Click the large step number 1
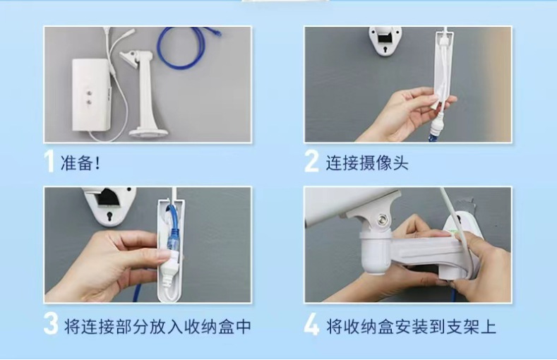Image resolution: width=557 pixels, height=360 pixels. tap(49, 161)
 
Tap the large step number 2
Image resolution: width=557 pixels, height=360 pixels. tap(311, 161)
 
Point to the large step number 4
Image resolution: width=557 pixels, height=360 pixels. tap(312, 323)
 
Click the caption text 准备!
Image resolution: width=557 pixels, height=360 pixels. tap(80, 163)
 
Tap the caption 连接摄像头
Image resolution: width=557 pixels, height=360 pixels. tap(367, 163)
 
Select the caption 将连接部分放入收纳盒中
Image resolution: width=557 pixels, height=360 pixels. tap(157, 327)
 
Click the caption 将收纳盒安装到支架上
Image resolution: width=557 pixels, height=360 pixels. tap(412, 327)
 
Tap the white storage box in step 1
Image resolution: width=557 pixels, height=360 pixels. tap(92, 95)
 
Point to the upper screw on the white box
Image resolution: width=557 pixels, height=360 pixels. tap(89, 92)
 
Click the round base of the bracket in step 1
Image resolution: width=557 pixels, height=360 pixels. tap(148, 133)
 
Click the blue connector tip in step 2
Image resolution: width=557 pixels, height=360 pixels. tap(434, 135)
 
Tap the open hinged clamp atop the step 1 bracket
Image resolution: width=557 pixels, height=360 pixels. tap(131, 58)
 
